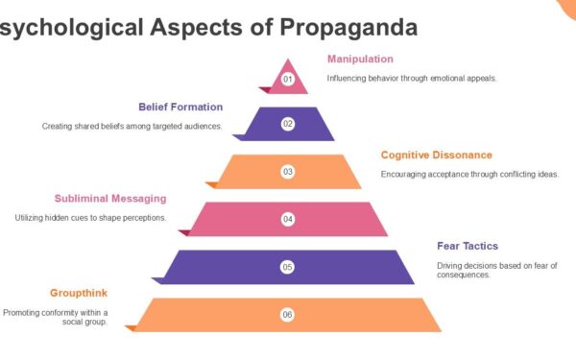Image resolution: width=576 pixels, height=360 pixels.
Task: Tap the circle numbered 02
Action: tap(287, 124)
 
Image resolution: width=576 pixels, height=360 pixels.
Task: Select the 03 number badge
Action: tap(287, 172)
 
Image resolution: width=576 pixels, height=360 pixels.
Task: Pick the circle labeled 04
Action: tap(287, 219)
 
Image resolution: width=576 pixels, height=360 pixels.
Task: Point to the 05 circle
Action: tap(287, 267)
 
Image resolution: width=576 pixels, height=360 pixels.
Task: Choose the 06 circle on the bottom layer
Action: tap(287, 314)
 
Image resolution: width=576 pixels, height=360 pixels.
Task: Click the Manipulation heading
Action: tap(360, 59)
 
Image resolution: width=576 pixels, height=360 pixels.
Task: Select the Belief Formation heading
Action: tap(180, 107)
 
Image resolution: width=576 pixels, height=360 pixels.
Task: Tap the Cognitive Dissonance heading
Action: tap(436, 155)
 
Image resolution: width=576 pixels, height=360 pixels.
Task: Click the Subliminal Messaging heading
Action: tap(110, 199)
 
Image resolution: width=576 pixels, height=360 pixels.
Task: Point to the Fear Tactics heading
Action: tap(468, 246)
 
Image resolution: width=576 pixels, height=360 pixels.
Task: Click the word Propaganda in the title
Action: tap(348, 28)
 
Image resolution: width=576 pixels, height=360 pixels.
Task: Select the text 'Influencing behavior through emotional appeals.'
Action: tap(411, 78)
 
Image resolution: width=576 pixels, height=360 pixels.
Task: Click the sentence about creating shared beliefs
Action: tap(132, 126)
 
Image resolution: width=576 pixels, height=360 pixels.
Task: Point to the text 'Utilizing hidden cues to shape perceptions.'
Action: tap(90, 218)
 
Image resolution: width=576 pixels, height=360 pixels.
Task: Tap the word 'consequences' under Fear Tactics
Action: tap(465, 275)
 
